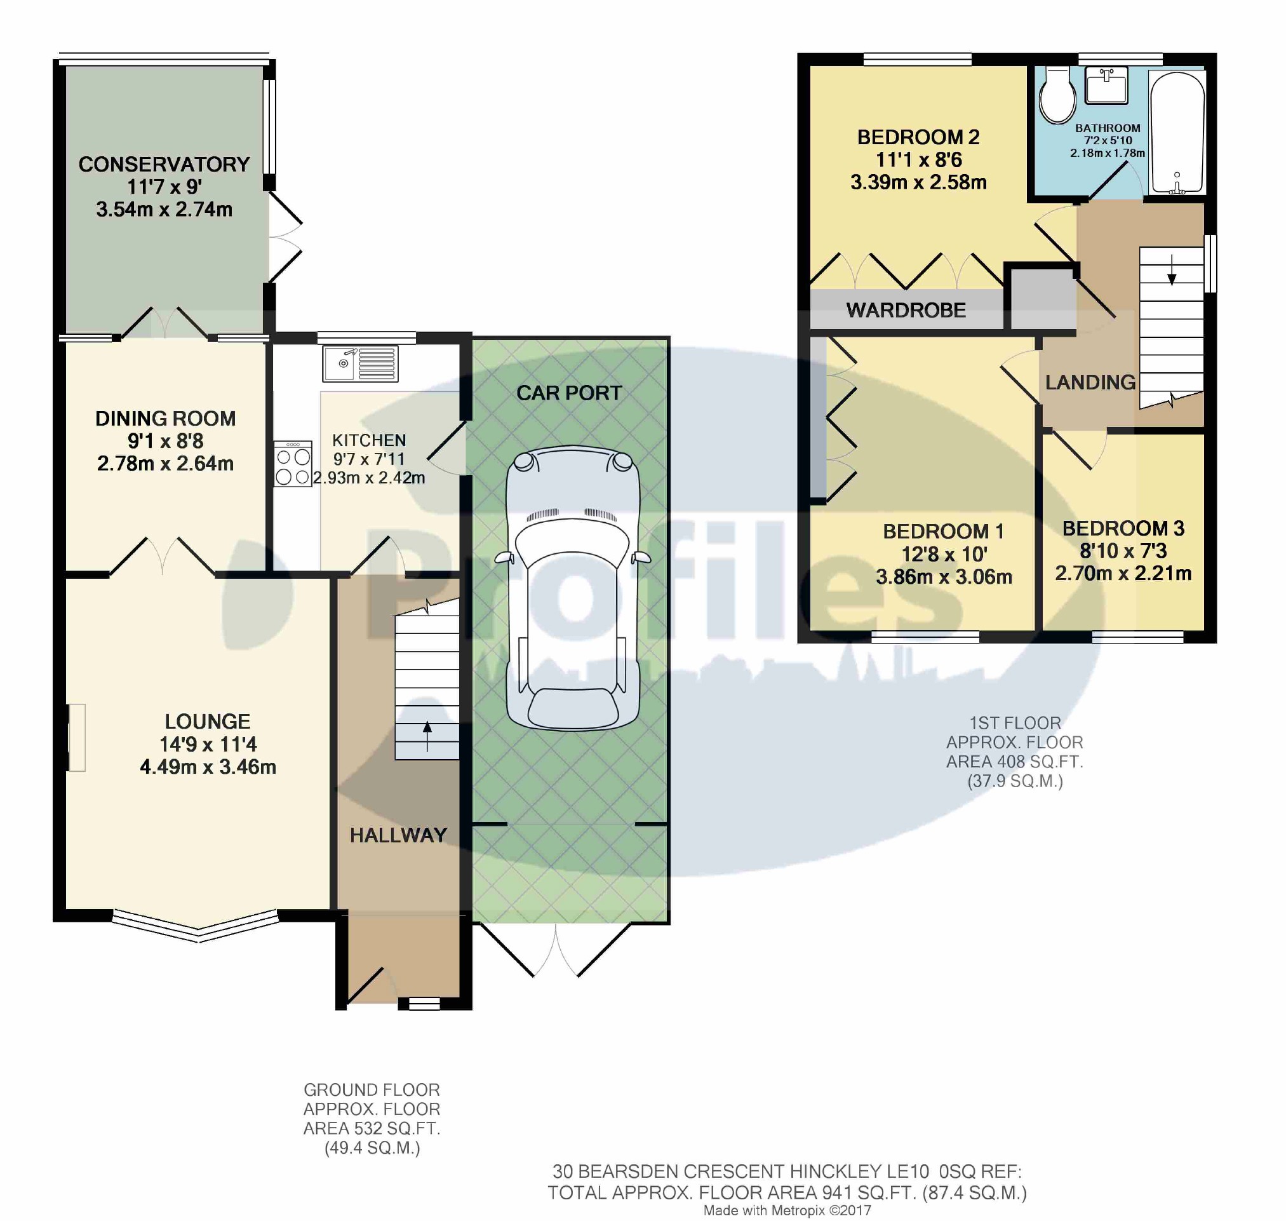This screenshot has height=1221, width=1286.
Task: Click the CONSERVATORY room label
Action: point(164,164)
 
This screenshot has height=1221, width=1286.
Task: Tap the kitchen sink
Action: point(360,364)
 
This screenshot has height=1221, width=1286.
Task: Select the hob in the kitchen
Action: point(293,463)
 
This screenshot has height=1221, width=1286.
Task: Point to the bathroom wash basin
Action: point(1106,85)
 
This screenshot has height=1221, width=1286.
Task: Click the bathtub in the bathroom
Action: point(1177,132)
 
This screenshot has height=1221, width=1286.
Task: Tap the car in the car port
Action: point(572,587)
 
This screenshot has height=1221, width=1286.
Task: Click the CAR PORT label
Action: point(569,393)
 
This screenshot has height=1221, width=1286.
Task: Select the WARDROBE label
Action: point(906,311)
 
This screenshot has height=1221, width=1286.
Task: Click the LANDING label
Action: point(1090,382)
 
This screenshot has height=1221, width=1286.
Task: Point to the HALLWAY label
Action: point(398,835)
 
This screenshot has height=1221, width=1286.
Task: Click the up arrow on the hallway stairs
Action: point(427,736)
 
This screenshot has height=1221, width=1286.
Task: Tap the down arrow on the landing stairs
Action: point(1172,270)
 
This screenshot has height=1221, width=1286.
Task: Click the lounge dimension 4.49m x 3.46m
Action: point(208,767)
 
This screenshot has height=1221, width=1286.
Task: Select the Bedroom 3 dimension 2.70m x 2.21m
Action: point(1123,574)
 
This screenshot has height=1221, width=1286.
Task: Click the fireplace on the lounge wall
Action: point(77,738)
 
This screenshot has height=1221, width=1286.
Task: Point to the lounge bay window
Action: point(197,926)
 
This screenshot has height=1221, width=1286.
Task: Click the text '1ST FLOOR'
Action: point(1015,723)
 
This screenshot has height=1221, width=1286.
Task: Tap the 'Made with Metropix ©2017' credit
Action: point(787,1211)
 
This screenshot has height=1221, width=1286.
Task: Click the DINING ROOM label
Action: point(165,419)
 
